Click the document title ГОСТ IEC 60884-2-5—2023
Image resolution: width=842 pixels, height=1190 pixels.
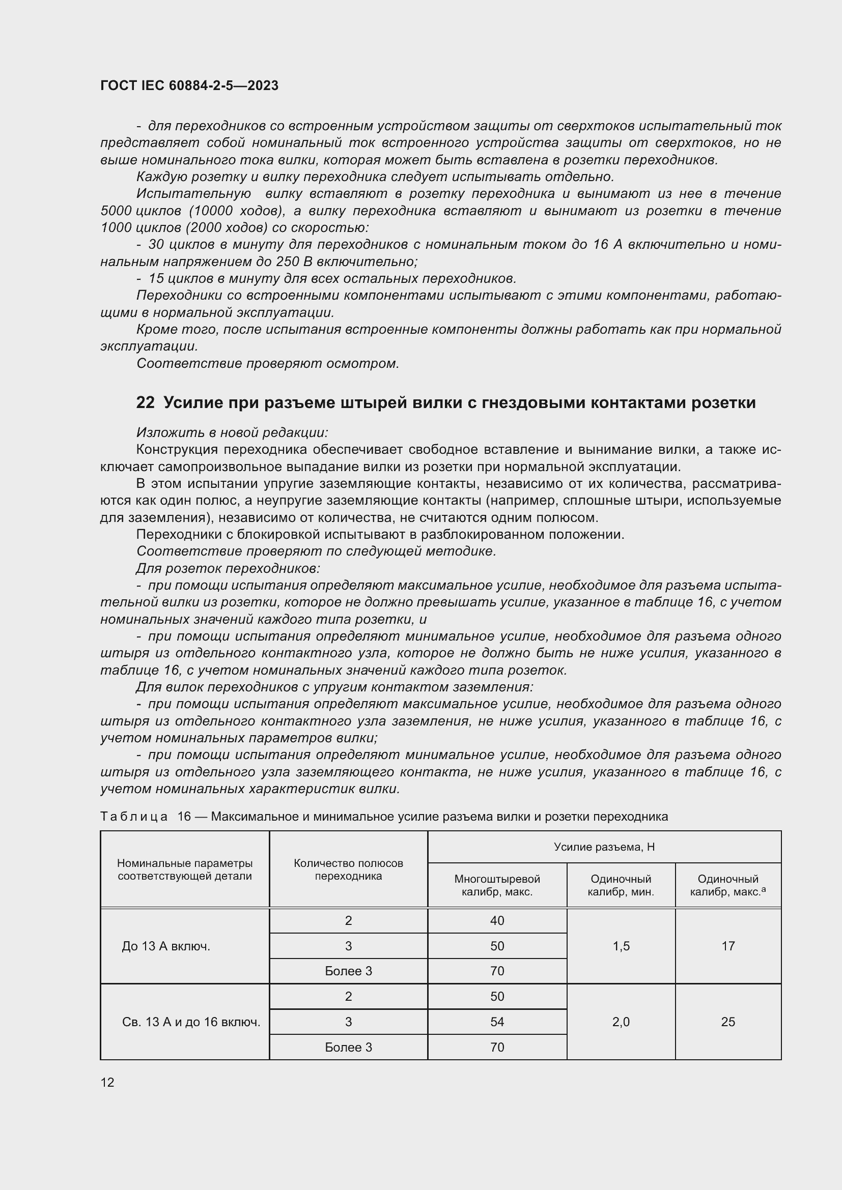(189, 85)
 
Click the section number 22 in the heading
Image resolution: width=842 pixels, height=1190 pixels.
(145, 403)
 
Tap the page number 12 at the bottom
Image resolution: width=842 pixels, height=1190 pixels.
(107, 1082)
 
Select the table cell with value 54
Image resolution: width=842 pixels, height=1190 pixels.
(497, 1022)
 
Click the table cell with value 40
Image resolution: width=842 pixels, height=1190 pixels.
(497, 920)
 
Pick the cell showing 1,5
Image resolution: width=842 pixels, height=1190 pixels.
(621, 946)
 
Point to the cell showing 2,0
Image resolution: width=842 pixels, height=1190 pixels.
(621, 1022)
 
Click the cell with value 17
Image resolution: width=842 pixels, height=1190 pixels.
(728, 946)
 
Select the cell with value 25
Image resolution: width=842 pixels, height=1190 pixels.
(728, 1022)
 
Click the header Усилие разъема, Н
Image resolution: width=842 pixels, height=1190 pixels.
(604, 847)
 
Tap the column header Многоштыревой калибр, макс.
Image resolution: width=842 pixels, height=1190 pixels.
(497, 885)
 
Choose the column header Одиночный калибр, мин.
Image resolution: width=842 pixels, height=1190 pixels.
(621, 885)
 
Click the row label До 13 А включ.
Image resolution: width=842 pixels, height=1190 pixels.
(166, 946)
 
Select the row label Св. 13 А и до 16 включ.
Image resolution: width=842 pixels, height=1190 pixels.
(191, 1022)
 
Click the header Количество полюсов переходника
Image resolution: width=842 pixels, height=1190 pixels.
(348, 869)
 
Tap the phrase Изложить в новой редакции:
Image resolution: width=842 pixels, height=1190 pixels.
(232, 432)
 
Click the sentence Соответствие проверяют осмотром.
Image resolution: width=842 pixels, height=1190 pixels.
(268, 363)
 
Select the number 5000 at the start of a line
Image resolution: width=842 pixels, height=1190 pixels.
(116, 211)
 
